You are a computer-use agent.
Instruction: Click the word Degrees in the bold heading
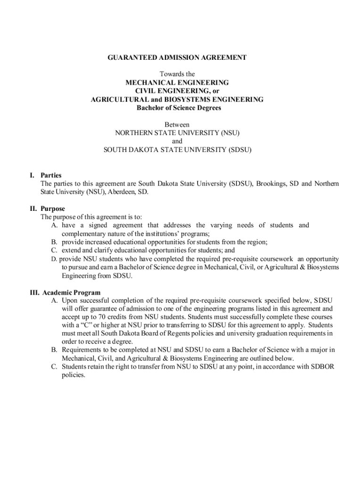(208, 108)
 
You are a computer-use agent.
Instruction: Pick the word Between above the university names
(177, 125)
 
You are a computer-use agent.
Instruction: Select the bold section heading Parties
(51, 175)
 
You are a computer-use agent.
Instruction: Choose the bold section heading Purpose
(53, 209)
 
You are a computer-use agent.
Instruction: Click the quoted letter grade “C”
(82, 326)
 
